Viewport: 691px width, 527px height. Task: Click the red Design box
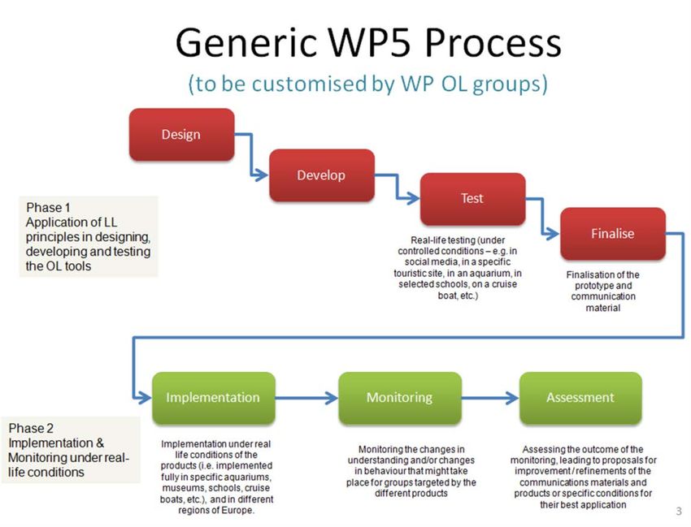coord(181,134)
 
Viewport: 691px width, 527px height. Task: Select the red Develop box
coord(322,175)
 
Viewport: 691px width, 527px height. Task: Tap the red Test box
coord(472,199)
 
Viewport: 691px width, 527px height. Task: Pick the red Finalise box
coord(613,233)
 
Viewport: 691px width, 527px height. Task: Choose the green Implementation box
coord(213,398)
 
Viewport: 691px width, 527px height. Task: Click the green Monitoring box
coord(400,398)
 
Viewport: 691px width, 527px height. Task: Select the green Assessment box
coord(580,398)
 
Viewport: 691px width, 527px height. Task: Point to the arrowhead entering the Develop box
coord(263,175)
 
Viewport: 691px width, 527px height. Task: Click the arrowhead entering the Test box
coord(413,198)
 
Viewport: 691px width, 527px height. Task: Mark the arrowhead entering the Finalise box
coord(553,233)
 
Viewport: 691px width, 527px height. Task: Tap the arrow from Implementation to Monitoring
coord(306,398)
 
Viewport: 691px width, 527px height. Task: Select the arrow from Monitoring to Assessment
coord(490,398)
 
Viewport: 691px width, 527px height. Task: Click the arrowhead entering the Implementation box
coord(145,398)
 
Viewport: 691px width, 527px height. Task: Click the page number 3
coord(679,511)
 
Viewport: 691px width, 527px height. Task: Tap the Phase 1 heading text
coord(48,207)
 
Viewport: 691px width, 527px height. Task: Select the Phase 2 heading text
coord(31,428)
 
